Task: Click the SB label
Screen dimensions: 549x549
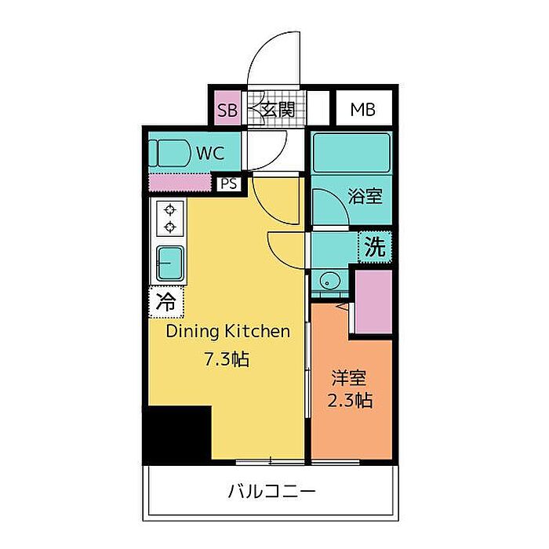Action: pos(227,110)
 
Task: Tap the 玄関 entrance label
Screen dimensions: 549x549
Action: pos(278,110)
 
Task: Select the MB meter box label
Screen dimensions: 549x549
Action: pos(363,110)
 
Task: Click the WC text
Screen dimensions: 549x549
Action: pos(210,153)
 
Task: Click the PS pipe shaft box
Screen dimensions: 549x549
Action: pos(229,184)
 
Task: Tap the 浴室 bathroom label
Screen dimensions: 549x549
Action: pos(365,196)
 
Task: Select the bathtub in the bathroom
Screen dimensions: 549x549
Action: pos(351,153)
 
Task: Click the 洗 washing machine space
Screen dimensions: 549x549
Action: pos(375,246)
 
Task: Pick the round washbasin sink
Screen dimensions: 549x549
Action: pos(330,281)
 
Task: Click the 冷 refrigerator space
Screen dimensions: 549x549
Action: pos(166,302)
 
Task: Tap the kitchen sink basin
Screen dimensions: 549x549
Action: pos(170,263)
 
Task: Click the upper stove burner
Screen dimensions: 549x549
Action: pos(170,210)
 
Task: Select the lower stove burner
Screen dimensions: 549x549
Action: pos(170,227)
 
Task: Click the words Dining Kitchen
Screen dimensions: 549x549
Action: pos(228,331)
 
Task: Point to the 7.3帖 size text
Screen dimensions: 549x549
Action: pos(227,359)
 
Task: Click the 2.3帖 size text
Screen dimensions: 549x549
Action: pos(350,400)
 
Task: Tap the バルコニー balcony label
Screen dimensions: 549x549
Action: pos(271,491)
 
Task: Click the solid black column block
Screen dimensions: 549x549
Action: pos(177,434)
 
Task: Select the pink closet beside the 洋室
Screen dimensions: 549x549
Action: pos(373,302)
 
